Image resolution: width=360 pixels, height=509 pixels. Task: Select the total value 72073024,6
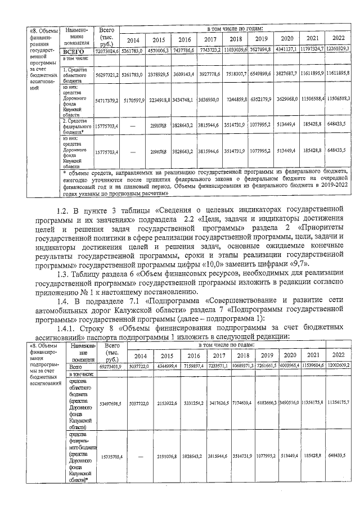pos(106,51)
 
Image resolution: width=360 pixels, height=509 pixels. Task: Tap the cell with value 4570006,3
pos(159,51)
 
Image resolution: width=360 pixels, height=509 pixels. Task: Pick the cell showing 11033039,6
pos(235,51)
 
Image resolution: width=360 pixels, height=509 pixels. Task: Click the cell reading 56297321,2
pos(106,74)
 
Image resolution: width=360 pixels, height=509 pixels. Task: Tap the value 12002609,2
pos(338,366)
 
